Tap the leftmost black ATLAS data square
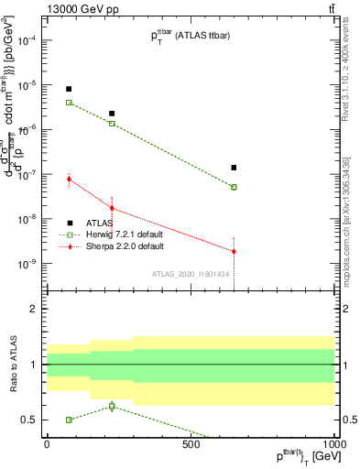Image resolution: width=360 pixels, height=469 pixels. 69,89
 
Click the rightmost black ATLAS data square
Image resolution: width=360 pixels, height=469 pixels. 234,168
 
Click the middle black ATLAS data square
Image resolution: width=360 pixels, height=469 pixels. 112,114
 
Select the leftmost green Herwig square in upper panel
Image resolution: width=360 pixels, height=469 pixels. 69,103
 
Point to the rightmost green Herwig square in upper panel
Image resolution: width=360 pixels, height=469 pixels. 234,187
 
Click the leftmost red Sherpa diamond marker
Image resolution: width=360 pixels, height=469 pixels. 69,179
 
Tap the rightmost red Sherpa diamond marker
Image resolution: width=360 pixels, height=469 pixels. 234,251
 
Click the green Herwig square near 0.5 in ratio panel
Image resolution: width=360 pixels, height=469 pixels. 69,420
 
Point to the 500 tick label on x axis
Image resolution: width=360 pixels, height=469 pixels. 191,443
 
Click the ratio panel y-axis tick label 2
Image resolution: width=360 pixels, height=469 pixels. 34,309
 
